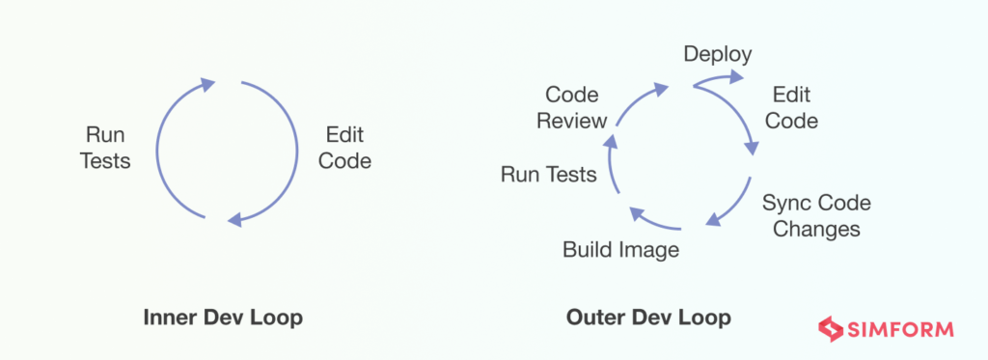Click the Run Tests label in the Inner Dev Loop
tap(105, 148)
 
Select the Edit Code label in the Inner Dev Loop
tap(344, 148)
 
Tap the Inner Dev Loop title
tap(223, 317)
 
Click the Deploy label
tap(718, 54)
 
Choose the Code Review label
tap(572, 108)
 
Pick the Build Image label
tap(620, 250)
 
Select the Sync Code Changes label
tap(816, 216)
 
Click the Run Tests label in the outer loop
tap(548, 175)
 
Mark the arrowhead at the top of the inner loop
tap(206, 84)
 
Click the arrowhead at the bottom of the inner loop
tap(233, 220)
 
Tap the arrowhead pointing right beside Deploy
tap(736, 77)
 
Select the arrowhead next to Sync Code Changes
tap(714, 220)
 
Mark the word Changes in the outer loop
tap(816, 230)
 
